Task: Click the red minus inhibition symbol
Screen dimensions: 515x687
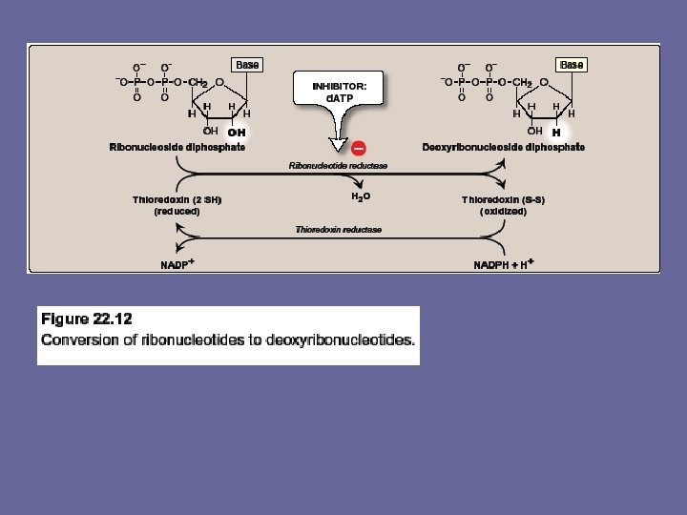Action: pos(360,148)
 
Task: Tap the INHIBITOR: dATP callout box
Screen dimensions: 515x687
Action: pos(339,92)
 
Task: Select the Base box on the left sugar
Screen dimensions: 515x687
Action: pos(247,65)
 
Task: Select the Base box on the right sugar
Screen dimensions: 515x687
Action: pos(572,65)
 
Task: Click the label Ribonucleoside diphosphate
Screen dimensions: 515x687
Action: pos(177,147)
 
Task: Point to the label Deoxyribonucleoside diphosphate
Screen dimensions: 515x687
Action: pos(504,147)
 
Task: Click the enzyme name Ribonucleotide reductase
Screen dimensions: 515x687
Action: pos(338,165)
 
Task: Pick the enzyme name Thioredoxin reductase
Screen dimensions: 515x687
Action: pos(338,230)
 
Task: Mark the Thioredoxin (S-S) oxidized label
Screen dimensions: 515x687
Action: pos(503,205)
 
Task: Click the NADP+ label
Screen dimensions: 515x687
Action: pos(177,264)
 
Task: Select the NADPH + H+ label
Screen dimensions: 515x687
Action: pos(503,264)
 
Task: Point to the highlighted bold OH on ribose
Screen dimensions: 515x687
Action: pos(237,132)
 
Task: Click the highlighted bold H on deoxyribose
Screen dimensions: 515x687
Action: pos(555,133)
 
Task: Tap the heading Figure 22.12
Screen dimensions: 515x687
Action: pos(86,318)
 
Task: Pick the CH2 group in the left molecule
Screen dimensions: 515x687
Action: pos(196,83)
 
